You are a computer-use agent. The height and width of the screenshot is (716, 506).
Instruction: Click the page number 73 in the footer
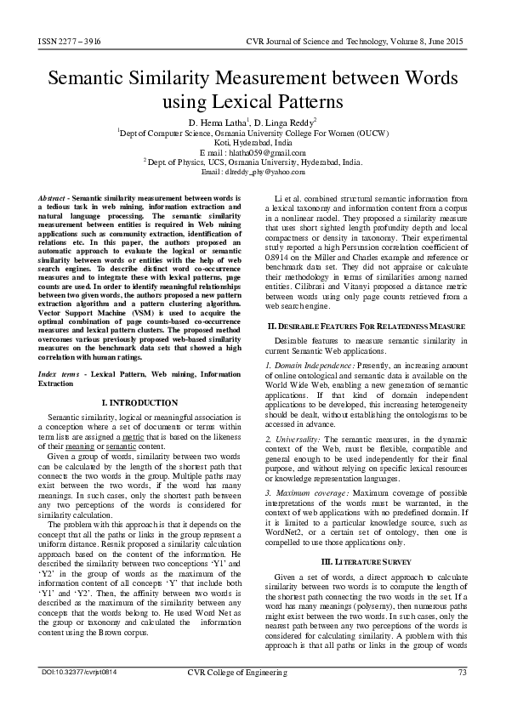coord(463,673)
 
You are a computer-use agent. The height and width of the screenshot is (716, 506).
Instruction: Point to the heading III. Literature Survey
coord(366,562)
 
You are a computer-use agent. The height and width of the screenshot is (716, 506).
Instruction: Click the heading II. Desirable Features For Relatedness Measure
coord(366,327)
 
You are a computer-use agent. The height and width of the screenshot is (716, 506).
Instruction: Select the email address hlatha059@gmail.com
coord(252,152)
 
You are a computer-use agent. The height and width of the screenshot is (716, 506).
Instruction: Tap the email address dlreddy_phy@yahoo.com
coord(255,171)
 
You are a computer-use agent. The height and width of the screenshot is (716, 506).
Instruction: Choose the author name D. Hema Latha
coord(215,123)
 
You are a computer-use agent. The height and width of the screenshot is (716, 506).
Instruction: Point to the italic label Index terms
coord(63,374)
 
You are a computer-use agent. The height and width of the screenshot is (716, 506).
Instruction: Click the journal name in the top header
coord(357,41)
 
